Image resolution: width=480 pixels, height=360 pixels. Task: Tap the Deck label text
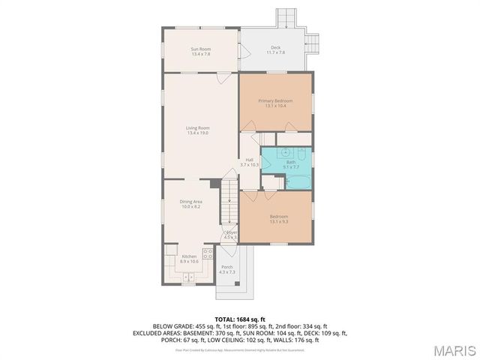[276, 47]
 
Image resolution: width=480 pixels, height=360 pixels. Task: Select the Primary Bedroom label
[275, 100]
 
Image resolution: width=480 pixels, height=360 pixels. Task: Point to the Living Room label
[197, 127]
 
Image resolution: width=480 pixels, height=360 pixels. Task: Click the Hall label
[248, 159]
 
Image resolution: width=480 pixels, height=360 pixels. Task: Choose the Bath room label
[290, 162]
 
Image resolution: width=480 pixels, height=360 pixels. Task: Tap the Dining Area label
[190, 201]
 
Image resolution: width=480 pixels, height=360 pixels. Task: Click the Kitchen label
[189, 257]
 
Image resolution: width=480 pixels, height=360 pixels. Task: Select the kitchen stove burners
[206, 254]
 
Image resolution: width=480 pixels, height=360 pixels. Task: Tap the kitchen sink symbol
[187, 277]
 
